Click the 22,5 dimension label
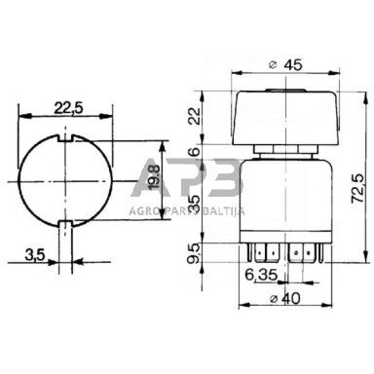(x=68, y=108)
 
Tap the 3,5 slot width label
(x=34, y=255)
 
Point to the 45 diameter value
(x=293, y=65)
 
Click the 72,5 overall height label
(x=357, y=189)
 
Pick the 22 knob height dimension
(x=195, y=116)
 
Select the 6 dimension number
(x=195, y=151)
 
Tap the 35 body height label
(x=195, y=203)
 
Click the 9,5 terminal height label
(x=195, y=254)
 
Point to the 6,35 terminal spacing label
(x=261, y=276)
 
